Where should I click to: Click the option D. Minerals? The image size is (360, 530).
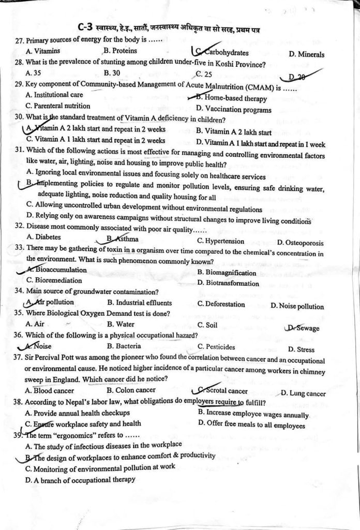click(x=307, y=54)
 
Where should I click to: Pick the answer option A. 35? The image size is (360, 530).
click(x=33, y=73)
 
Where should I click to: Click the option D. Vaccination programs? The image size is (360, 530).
click(x=234, y=109)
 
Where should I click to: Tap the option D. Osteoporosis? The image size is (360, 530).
click(x=301, y=242)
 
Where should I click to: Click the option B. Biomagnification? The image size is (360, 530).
click(x=227, y=273)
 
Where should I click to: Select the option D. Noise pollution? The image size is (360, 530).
click(x=297, y=306)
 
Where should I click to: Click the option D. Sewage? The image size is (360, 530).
click(x=303, y=328)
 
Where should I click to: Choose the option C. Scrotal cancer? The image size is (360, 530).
click(x=223, y=391)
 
